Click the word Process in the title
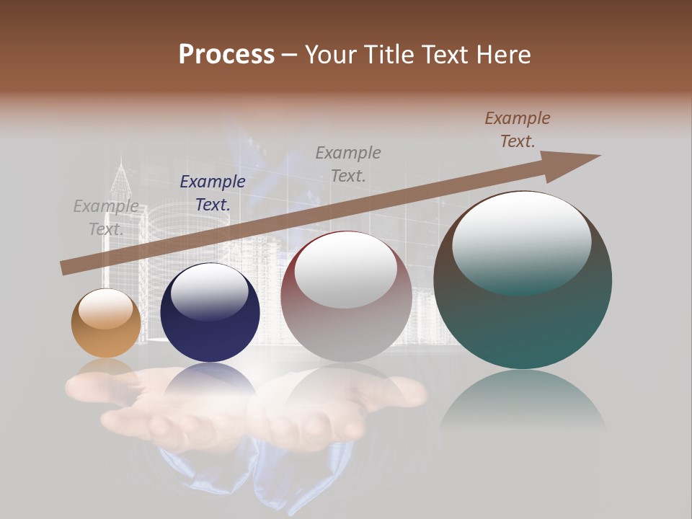[x=226, y=55]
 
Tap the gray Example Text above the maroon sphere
[x=348, y=164]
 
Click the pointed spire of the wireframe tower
[x=121, y=162]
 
